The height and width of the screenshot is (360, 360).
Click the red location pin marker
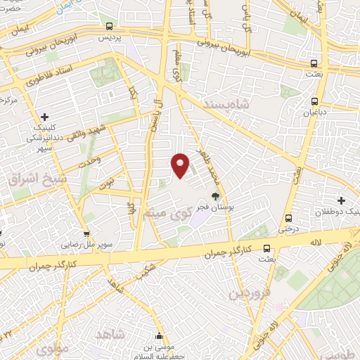[x=181, y=165]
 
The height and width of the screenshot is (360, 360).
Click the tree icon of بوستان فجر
[x=214, y=196]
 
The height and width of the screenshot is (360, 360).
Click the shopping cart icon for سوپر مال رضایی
[x=86, y=234]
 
